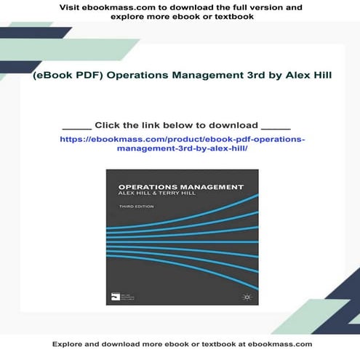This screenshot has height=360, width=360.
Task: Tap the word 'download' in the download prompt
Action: click(x=233, y=124)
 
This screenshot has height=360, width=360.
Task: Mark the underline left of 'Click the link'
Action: click(x=77, y=127)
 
